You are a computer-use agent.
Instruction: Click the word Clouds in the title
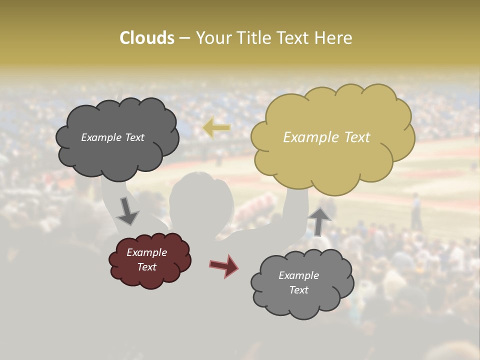[146, 38]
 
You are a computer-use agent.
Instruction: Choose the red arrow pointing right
[224, 265]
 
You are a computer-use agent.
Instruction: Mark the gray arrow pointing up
[319, 220]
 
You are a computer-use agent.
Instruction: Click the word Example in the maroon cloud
[146, 252]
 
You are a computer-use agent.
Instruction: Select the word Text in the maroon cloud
[147, 267]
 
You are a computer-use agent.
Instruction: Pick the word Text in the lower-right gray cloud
[298, 290]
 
